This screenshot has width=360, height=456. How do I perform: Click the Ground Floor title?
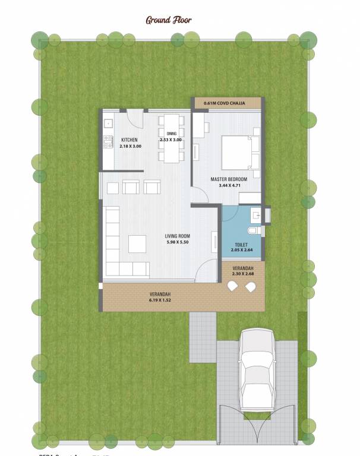[x=169, y=20]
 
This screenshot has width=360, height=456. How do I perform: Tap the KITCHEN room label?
[x=128, y=140]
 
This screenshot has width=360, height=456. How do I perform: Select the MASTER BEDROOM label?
[x=229, y=179]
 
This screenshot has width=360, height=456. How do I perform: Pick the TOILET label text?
[x=241, y=244]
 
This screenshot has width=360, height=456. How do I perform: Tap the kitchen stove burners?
[x=108, y=142]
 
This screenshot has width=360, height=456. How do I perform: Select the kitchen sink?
[x=108, y=123]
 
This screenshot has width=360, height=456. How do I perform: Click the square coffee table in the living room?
[x=137, y=243]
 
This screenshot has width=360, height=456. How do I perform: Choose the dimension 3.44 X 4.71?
[x=228, y=185]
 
